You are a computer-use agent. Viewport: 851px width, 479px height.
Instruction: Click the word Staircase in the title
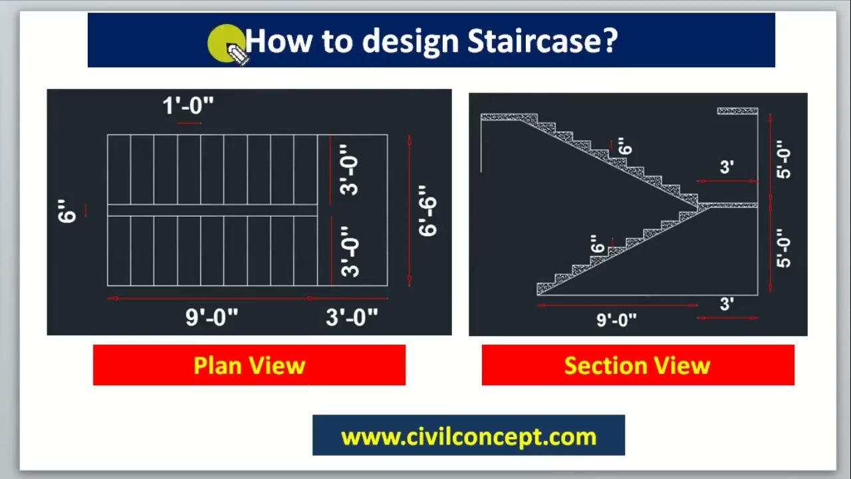coord(542,41)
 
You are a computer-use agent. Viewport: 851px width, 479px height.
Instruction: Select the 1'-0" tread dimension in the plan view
coord(188,105)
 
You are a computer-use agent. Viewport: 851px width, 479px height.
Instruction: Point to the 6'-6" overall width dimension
coord(427,211)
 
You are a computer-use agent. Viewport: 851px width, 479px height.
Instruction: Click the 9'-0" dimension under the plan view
coord(211,317)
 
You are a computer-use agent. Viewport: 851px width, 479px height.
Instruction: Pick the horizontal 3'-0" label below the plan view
coord(352,317)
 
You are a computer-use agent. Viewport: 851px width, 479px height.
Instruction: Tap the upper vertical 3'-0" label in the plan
coord(349,170)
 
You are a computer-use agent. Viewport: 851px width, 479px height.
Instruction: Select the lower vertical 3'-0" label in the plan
coord(350,251)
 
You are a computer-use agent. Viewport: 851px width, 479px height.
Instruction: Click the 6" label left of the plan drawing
coord(67,211)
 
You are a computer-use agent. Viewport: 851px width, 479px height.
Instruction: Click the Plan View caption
coord(249,365)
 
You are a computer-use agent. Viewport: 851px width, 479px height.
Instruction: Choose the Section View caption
coord(637,365)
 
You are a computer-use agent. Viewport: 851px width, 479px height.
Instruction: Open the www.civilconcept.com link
coord(469,437)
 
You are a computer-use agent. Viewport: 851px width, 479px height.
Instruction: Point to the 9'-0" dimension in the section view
coord(616,320)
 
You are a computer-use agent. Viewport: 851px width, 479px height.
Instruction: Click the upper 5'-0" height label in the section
coord(783,159)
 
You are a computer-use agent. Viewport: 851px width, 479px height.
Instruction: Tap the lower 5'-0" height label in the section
coord(783,248)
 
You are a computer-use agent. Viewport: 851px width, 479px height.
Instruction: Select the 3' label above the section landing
coord(727,167)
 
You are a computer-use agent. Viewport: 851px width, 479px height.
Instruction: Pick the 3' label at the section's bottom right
coord(727,304)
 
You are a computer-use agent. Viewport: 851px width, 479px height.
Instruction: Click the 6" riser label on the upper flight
coord(625,146)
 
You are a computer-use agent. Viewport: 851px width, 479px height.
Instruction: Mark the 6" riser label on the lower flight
coord(597,243)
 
